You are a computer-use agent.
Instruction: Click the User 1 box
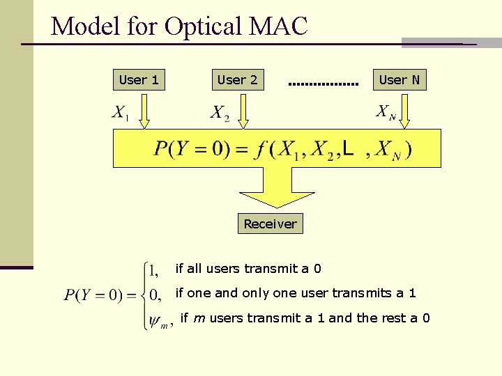tap(139, 80)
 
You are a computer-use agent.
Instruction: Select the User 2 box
tap(237, 80)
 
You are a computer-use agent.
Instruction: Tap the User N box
tap(399, 80)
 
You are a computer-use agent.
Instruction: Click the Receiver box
tap(270, 224)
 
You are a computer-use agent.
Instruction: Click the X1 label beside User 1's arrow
tap(121, 113)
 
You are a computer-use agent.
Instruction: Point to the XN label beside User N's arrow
tap(386, 112)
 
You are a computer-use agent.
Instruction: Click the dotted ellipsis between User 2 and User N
tap(323, 85)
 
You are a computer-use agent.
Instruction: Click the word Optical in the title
tap(201, 26)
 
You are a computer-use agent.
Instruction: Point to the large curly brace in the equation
tap(144, 295)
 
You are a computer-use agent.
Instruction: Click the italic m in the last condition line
tap(199, 318)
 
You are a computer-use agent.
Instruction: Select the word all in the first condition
tap(193, 268)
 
